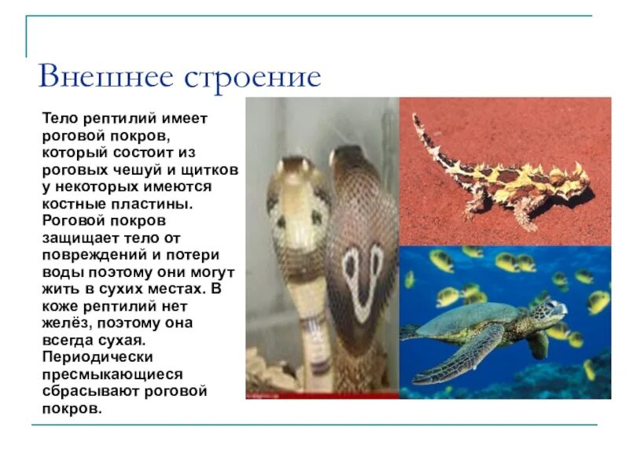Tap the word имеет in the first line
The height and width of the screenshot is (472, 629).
tap(185, 120)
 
